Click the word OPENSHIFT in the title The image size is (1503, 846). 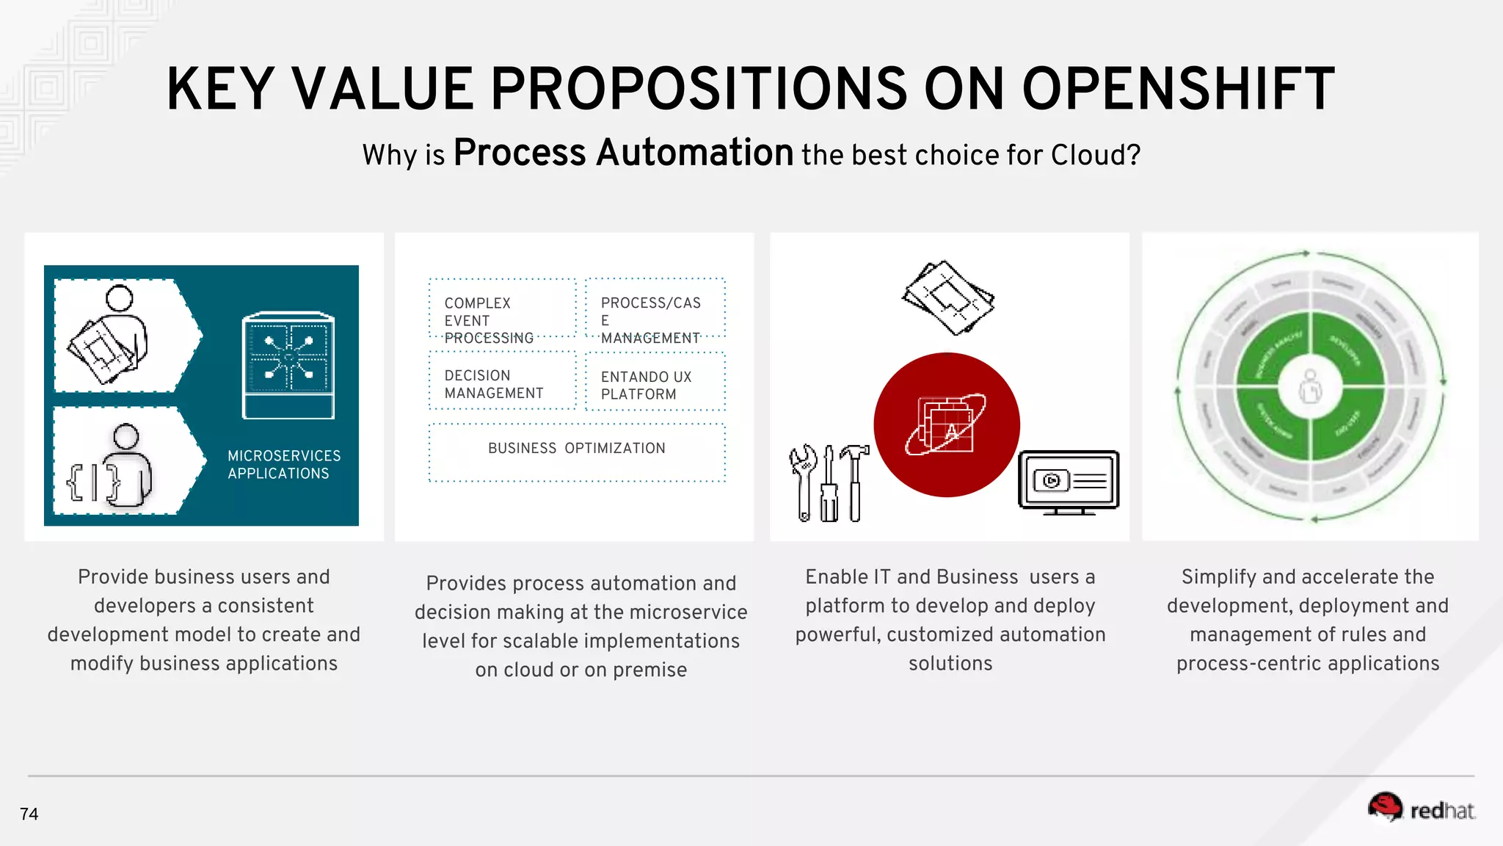[1178, 90]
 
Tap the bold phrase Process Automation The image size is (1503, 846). [623, 153]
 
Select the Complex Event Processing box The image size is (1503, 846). [503, 308]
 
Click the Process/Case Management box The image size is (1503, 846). [655, 308]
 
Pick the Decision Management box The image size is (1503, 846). [503, 380]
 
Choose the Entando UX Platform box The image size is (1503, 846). [655, 382]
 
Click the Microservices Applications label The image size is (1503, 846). [284, 465]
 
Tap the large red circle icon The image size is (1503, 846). [947, 425]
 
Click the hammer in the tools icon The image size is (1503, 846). [854, 481]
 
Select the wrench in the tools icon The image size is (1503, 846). [804, 481]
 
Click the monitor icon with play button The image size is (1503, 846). [1069, 481]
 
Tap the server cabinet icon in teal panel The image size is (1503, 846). [288, 366]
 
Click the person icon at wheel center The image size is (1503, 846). [1310, 386]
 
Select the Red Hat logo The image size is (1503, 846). [1421, 809]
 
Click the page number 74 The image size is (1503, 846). [29, 814]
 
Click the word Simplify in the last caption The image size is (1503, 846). [1218, 577]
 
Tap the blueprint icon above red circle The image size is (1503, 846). [948, 297]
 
